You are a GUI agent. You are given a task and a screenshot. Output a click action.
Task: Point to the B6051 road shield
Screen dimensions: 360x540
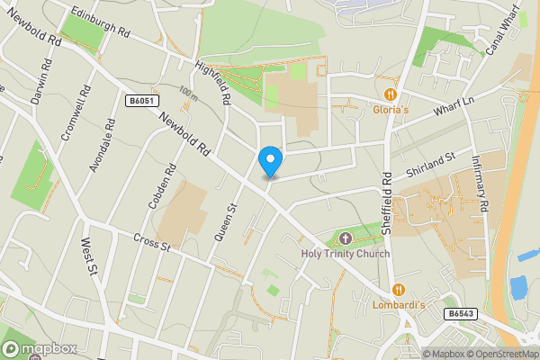click(138, 102)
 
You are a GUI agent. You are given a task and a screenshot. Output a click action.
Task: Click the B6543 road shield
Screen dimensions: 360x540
click(459, 314)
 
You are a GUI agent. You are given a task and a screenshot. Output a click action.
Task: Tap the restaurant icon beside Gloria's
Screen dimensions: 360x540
click(391, 94)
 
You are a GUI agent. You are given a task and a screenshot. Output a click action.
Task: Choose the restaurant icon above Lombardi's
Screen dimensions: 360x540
click(398, 291)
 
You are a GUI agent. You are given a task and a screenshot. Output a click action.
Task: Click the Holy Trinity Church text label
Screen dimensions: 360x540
click(346, 254)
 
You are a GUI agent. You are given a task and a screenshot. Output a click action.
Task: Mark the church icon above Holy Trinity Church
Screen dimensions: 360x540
click(346, 238)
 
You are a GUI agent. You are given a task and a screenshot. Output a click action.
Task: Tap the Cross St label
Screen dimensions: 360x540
click(150, 242)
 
